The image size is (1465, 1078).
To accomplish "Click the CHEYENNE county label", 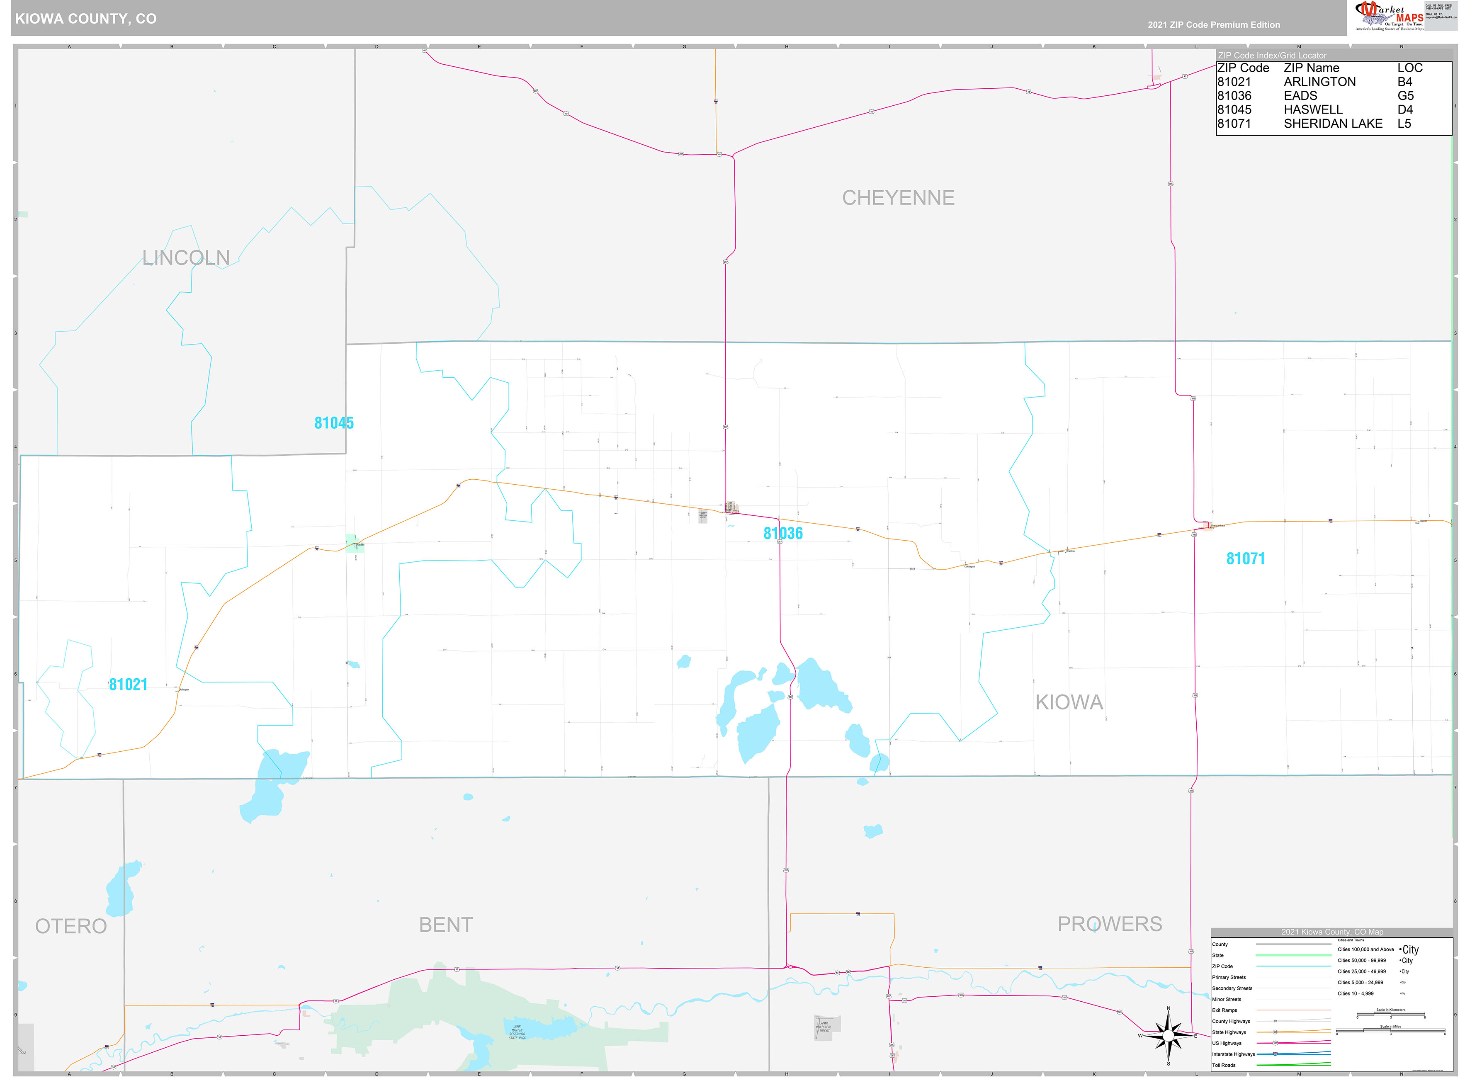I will (898, 198).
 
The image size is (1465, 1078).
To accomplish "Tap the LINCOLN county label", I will (186, 258).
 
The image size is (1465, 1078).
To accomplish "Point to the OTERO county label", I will (70, 926).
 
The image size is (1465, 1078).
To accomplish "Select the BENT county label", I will (446, 925).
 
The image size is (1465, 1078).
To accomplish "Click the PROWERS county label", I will (1109, 924).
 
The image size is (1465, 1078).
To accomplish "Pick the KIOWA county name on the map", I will (1069, 702).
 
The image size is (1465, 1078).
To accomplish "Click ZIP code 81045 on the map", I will (333, 423).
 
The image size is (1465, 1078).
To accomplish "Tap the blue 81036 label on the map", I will (782, 533).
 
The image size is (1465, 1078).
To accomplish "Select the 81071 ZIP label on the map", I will (1245, 558).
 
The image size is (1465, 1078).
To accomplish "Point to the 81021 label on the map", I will (128, 685).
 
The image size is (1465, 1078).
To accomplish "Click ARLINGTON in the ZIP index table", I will (1319, 82).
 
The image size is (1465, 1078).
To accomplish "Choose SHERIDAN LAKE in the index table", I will (1333, 123).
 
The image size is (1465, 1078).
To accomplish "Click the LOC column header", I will (1409, 68).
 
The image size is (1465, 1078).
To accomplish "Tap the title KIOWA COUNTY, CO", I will (85, 18).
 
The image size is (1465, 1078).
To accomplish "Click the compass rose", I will (1168, 1036).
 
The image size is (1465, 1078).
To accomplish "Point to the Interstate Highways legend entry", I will (1233, 1054).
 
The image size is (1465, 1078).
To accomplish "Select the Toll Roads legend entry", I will (1224, 1065).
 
